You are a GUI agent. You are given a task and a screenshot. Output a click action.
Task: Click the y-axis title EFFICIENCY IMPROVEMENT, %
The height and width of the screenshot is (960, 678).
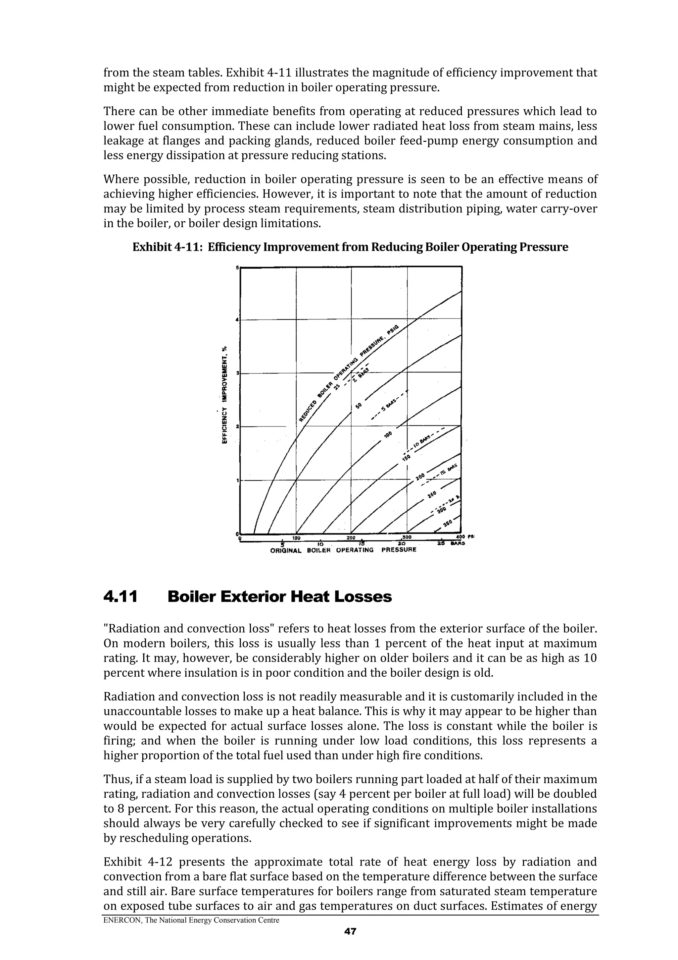(x=224, y=395)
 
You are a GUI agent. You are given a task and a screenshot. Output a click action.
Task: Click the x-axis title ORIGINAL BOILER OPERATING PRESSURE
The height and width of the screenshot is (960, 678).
(x=343, y=550)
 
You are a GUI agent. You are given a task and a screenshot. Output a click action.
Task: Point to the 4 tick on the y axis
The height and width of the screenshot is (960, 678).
(x=237, y=320)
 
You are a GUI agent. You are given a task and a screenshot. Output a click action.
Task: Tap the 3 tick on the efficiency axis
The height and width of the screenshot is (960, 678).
(x=237, y=372)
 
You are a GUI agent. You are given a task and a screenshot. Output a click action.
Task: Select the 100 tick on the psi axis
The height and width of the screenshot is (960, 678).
(x=296, y=538)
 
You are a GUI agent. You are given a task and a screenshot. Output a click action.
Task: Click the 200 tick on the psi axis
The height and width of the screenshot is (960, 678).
(x=351, y=538)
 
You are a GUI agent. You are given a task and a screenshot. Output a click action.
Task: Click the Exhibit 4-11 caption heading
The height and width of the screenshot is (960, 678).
(x=350, y=247)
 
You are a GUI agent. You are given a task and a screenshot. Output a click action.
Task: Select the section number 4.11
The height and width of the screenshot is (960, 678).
(x=120, y=597)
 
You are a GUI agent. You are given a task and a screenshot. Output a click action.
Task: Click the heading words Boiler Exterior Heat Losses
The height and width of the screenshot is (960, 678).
(x=279, y=597)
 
